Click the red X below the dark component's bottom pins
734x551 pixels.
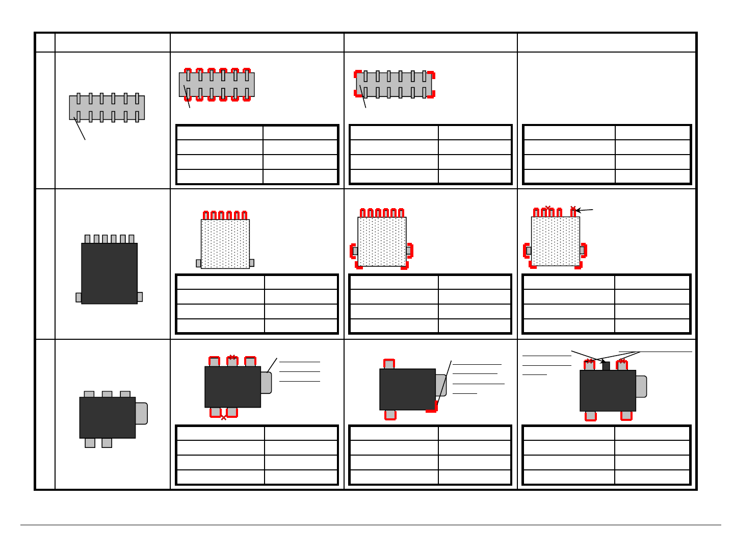pos(223,417)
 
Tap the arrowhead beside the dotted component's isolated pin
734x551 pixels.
pos(578,210)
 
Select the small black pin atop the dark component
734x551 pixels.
pos(606,366)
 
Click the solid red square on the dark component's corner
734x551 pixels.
pos(432,407)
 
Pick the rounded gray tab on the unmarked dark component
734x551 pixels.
pos(141,413)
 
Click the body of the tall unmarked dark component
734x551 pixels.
pos(109,273)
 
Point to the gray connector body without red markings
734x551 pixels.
pos(107,108)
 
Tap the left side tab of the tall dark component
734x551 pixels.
pos(78,297)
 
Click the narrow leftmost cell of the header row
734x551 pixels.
pos(45,42)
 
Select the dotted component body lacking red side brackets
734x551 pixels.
pos(225,244)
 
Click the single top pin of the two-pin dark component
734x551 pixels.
pos(389,364)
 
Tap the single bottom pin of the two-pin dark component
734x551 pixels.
pos(390,414)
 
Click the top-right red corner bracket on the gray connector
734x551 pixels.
pos(431,75)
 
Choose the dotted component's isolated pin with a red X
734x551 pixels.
pos(573,212)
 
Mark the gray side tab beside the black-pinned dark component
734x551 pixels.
pos(641,386)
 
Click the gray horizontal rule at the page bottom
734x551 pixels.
pos(371,524)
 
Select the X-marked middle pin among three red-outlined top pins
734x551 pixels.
pos(232,361)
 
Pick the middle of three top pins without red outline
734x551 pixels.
pos(107,394)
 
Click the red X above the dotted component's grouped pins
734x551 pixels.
pos(547,208)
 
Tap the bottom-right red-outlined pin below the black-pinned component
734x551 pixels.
pos(626,416)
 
